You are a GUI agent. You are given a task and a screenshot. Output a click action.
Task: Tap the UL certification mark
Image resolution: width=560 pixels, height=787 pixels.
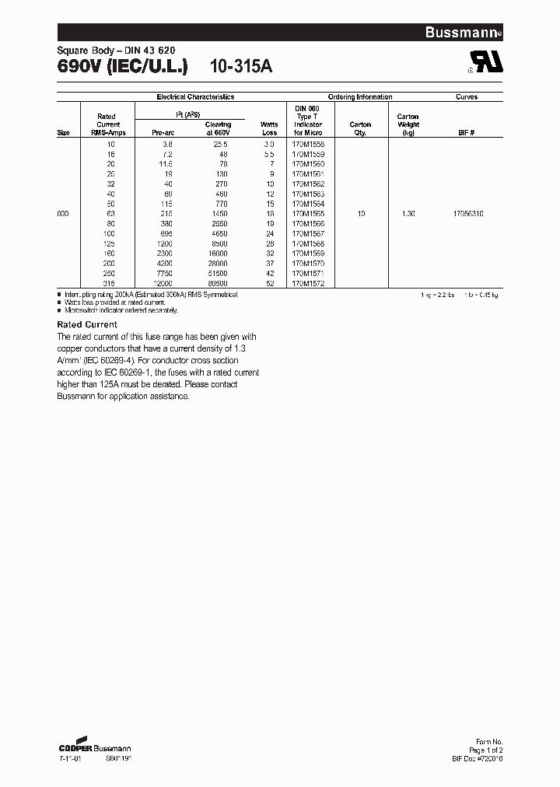coord(481,64)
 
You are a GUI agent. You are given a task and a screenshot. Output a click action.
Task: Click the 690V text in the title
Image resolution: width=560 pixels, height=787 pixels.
coord(81,67)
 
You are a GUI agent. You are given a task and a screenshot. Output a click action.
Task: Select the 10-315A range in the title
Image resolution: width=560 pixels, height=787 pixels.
coord(241,67)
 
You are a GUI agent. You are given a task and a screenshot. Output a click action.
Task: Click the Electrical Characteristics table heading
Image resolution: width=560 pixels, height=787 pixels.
coord(195,97)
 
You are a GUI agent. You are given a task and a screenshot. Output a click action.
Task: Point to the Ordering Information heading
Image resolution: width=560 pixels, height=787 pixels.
coord(359,97)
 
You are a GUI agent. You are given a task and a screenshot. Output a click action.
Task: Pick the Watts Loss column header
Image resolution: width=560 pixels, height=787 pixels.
coord(269,128)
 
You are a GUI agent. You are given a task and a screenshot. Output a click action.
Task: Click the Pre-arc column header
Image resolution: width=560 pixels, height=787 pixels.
coord(162,132)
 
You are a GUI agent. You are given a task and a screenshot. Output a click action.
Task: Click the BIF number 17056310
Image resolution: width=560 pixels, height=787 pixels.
coord(467,214)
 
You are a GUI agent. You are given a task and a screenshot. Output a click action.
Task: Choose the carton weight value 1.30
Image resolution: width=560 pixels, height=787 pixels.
coord(408,214)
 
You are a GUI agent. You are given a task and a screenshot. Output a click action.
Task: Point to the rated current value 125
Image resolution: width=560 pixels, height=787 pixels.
coord(109,244)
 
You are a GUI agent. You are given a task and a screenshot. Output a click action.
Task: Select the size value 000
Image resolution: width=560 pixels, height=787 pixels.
coord(63,214)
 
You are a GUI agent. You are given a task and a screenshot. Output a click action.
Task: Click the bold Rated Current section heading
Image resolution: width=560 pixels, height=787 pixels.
coord(87,324)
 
